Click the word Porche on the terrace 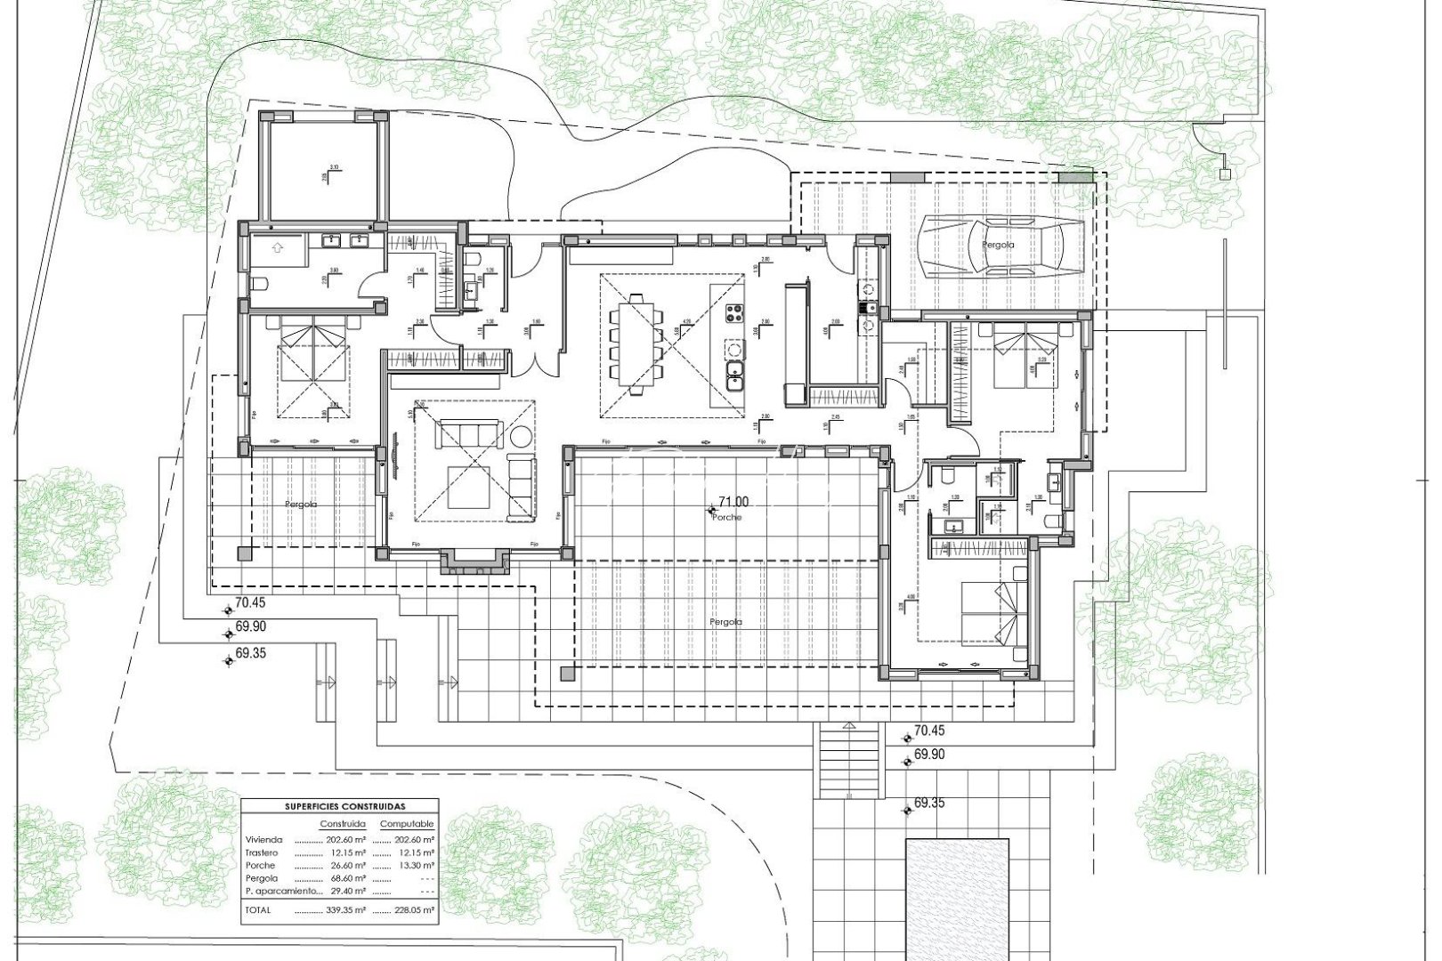727,517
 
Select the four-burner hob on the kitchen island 736,313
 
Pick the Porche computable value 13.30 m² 414,865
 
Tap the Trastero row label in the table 261,852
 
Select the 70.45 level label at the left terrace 251,602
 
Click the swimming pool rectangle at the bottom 957,899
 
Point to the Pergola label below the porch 726,622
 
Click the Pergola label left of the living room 301,505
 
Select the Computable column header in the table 407,824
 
